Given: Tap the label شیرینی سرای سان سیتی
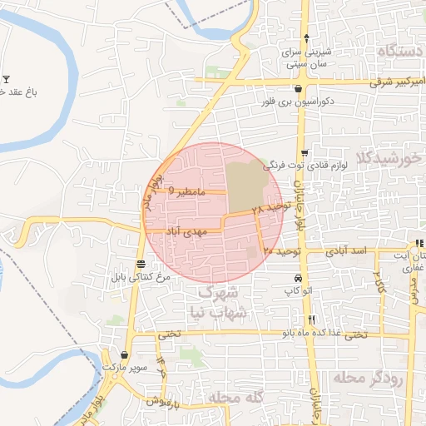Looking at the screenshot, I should tap(308, 57).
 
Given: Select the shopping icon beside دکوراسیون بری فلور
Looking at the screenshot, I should tap(298, 89).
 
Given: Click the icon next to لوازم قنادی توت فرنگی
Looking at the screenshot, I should tap(305, 153).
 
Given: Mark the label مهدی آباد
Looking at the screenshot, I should tap(185, 230).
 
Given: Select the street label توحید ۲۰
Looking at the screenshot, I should tap(280, 250).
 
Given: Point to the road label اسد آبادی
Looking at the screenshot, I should tap(348, 250).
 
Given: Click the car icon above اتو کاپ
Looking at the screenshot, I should tap(297, 278).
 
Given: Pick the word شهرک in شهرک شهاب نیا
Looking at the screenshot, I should tap(220, 292).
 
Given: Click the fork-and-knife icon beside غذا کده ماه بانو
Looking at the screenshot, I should tap(311, 319).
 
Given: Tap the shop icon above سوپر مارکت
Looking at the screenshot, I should tap(125, 354).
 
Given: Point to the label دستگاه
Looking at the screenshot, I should tap(382, 51).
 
